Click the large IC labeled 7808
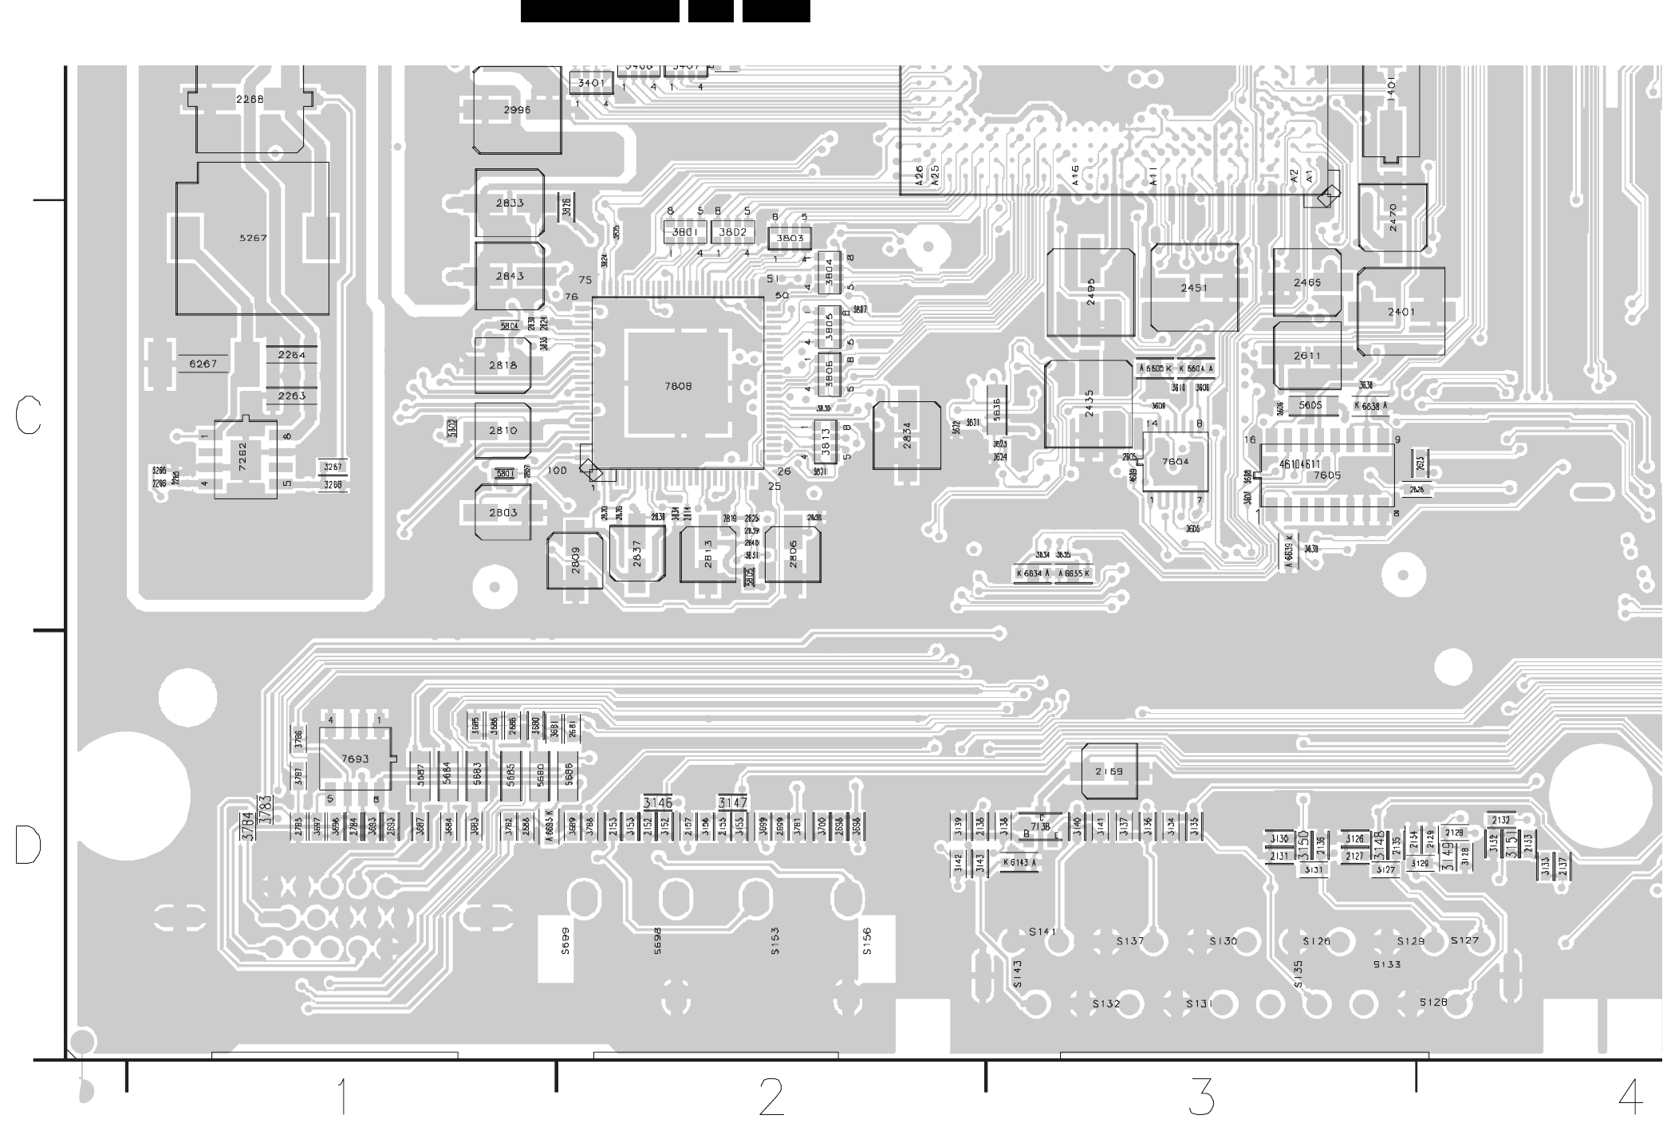pos(678,384)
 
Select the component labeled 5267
pos(252,238)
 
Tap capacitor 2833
pos(510,203)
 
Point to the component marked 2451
pos(1194,288)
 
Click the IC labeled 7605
pos(1327,475)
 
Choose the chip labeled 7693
pos(355,759)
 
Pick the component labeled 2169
pos(1109,771)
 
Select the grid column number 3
pos(1201,1097)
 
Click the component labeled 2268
pos(249,100)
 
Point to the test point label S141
pos(1042,932)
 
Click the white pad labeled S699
pos(556,948)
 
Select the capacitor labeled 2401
pos(1401,312)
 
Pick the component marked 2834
pos(907,435)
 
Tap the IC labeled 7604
pos(1175,462)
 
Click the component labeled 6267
pos(203,364)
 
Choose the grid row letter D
pos(28,845)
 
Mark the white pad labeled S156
pos(876,948)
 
